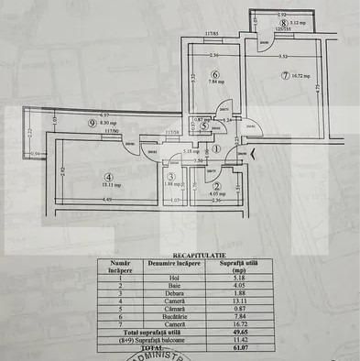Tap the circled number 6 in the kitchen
click(213, 76)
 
